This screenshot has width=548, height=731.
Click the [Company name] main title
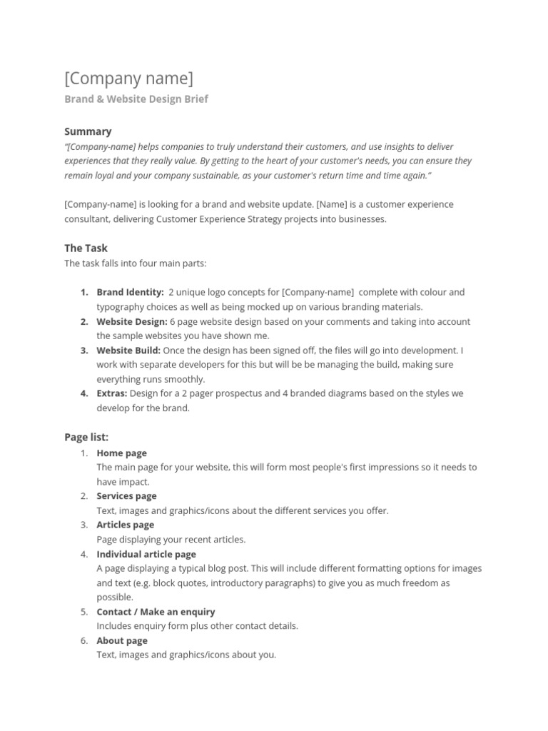point(128,78)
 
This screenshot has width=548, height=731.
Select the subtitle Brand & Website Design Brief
point(136,99)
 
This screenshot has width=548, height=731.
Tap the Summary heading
point(88,131)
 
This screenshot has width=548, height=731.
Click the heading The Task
point(86,248)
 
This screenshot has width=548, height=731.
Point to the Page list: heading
point(86,436)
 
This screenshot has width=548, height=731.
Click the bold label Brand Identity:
point(130,292)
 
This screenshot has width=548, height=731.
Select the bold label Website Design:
point(132,321)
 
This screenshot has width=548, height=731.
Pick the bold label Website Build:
point(128,351)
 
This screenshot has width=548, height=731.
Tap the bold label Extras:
point(112,393)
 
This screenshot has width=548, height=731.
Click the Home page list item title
point(121,453)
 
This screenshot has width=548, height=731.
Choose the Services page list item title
point(126,496)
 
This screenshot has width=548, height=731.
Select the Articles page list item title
point(126,525)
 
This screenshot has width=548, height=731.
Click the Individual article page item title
point(146,554)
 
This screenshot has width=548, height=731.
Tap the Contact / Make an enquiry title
point(156,612)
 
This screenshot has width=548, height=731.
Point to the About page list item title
point(122,640)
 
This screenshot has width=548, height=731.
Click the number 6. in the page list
point(84,640)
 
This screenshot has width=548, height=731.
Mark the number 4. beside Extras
point(84,393)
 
